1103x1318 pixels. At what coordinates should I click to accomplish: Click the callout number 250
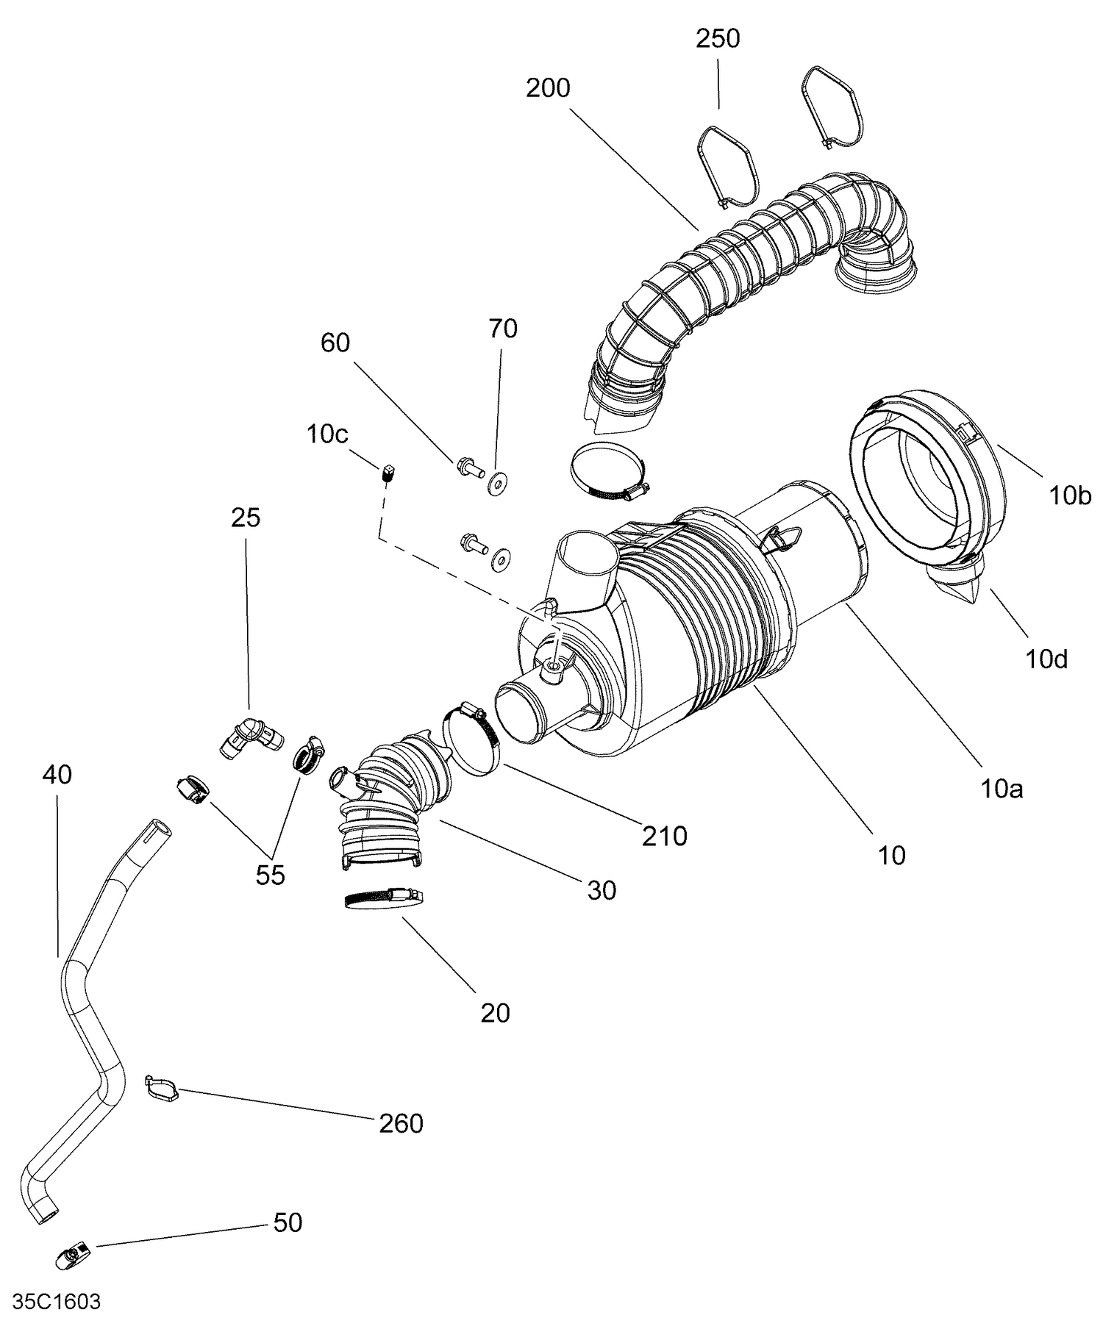coord(718,39)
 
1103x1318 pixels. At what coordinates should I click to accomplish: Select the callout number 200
coord(548,88)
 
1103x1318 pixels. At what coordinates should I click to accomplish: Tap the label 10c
coord(327,434)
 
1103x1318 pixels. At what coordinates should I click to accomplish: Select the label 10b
coord(1070,496)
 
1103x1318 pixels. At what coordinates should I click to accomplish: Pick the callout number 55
coord(270,875)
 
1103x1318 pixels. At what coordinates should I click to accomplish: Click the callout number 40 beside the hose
coord(57,774)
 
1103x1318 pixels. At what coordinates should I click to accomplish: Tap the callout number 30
coord(601,891)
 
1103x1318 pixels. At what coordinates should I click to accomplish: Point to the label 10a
coord(1002,789)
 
